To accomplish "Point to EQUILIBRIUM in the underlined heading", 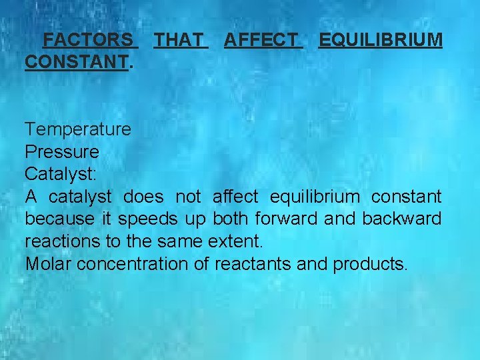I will point(380,40).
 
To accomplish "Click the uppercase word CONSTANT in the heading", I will point(76,62).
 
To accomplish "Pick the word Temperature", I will point(78,129).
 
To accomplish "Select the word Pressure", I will point(62,151).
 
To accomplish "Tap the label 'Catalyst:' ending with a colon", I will point(61,174).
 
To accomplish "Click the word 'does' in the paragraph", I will point(143,197).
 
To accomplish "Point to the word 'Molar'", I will point(49,263).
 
